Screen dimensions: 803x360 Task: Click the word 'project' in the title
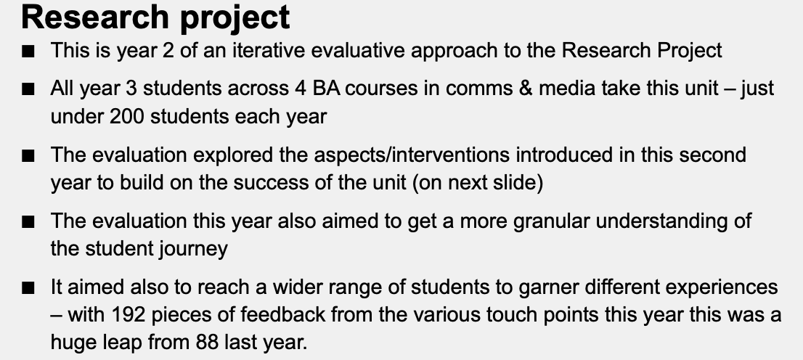[x=235, y=18]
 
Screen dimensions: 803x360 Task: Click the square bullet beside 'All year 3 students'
[x=28, y=89]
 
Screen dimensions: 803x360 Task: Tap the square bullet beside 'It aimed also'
[x=28, y=289]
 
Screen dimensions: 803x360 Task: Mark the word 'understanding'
[x=666, y=221]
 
